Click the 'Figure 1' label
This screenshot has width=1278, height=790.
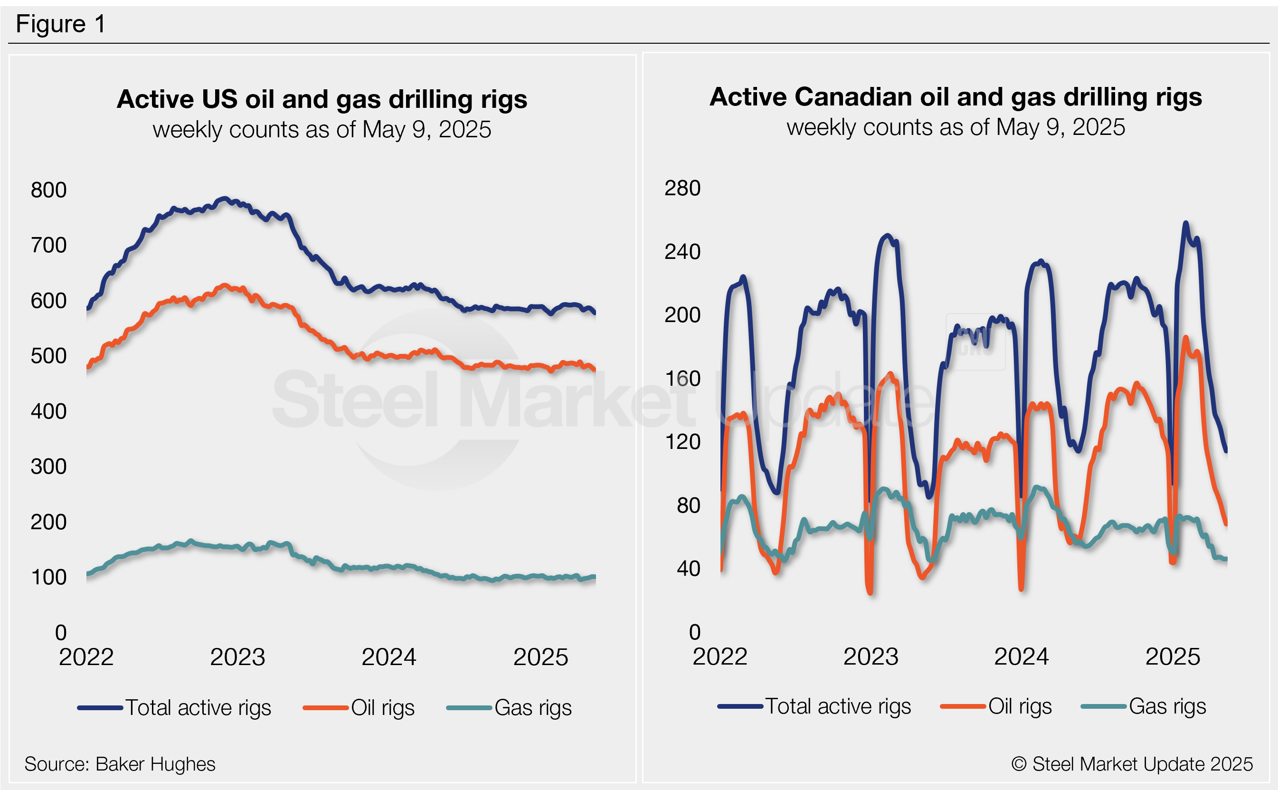click(x=61, y=24)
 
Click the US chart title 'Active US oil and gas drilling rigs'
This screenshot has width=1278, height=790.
click(x=322, y=99)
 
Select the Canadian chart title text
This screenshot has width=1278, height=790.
click(x=955, y=97)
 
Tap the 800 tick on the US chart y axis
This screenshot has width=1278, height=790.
click(x=48, y=190)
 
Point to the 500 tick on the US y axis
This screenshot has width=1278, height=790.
click(x=48, y=356)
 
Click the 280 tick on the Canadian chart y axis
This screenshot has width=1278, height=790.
click(x=682, y=188)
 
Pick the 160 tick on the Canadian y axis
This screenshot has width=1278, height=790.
click(x=682, y=379)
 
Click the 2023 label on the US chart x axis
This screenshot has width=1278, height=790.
click(x=237, y=657)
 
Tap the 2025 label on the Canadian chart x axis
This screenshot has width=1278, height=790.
click(x=1173, y=657)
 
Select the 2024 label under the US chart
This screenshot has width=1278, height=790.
click(x=389, y=657)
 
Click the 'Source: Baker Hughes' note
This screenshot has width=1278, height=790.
click(x=120, y=764)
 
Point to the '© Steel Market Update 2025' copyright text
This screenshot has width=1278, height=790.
click(x=1132, y=764)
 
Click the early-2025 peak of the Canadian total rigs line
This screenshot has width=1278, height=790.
click(x=1185, y=223)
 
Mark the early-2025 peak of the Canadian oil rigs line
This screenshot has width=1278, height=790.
click(x=1185, y=338)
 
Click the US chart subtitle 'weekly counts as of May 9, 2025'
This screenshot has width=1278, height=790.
click(x=322, y=130)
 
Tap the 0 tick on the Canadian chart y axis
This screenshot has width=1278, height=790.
click(x=694, y=633)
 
